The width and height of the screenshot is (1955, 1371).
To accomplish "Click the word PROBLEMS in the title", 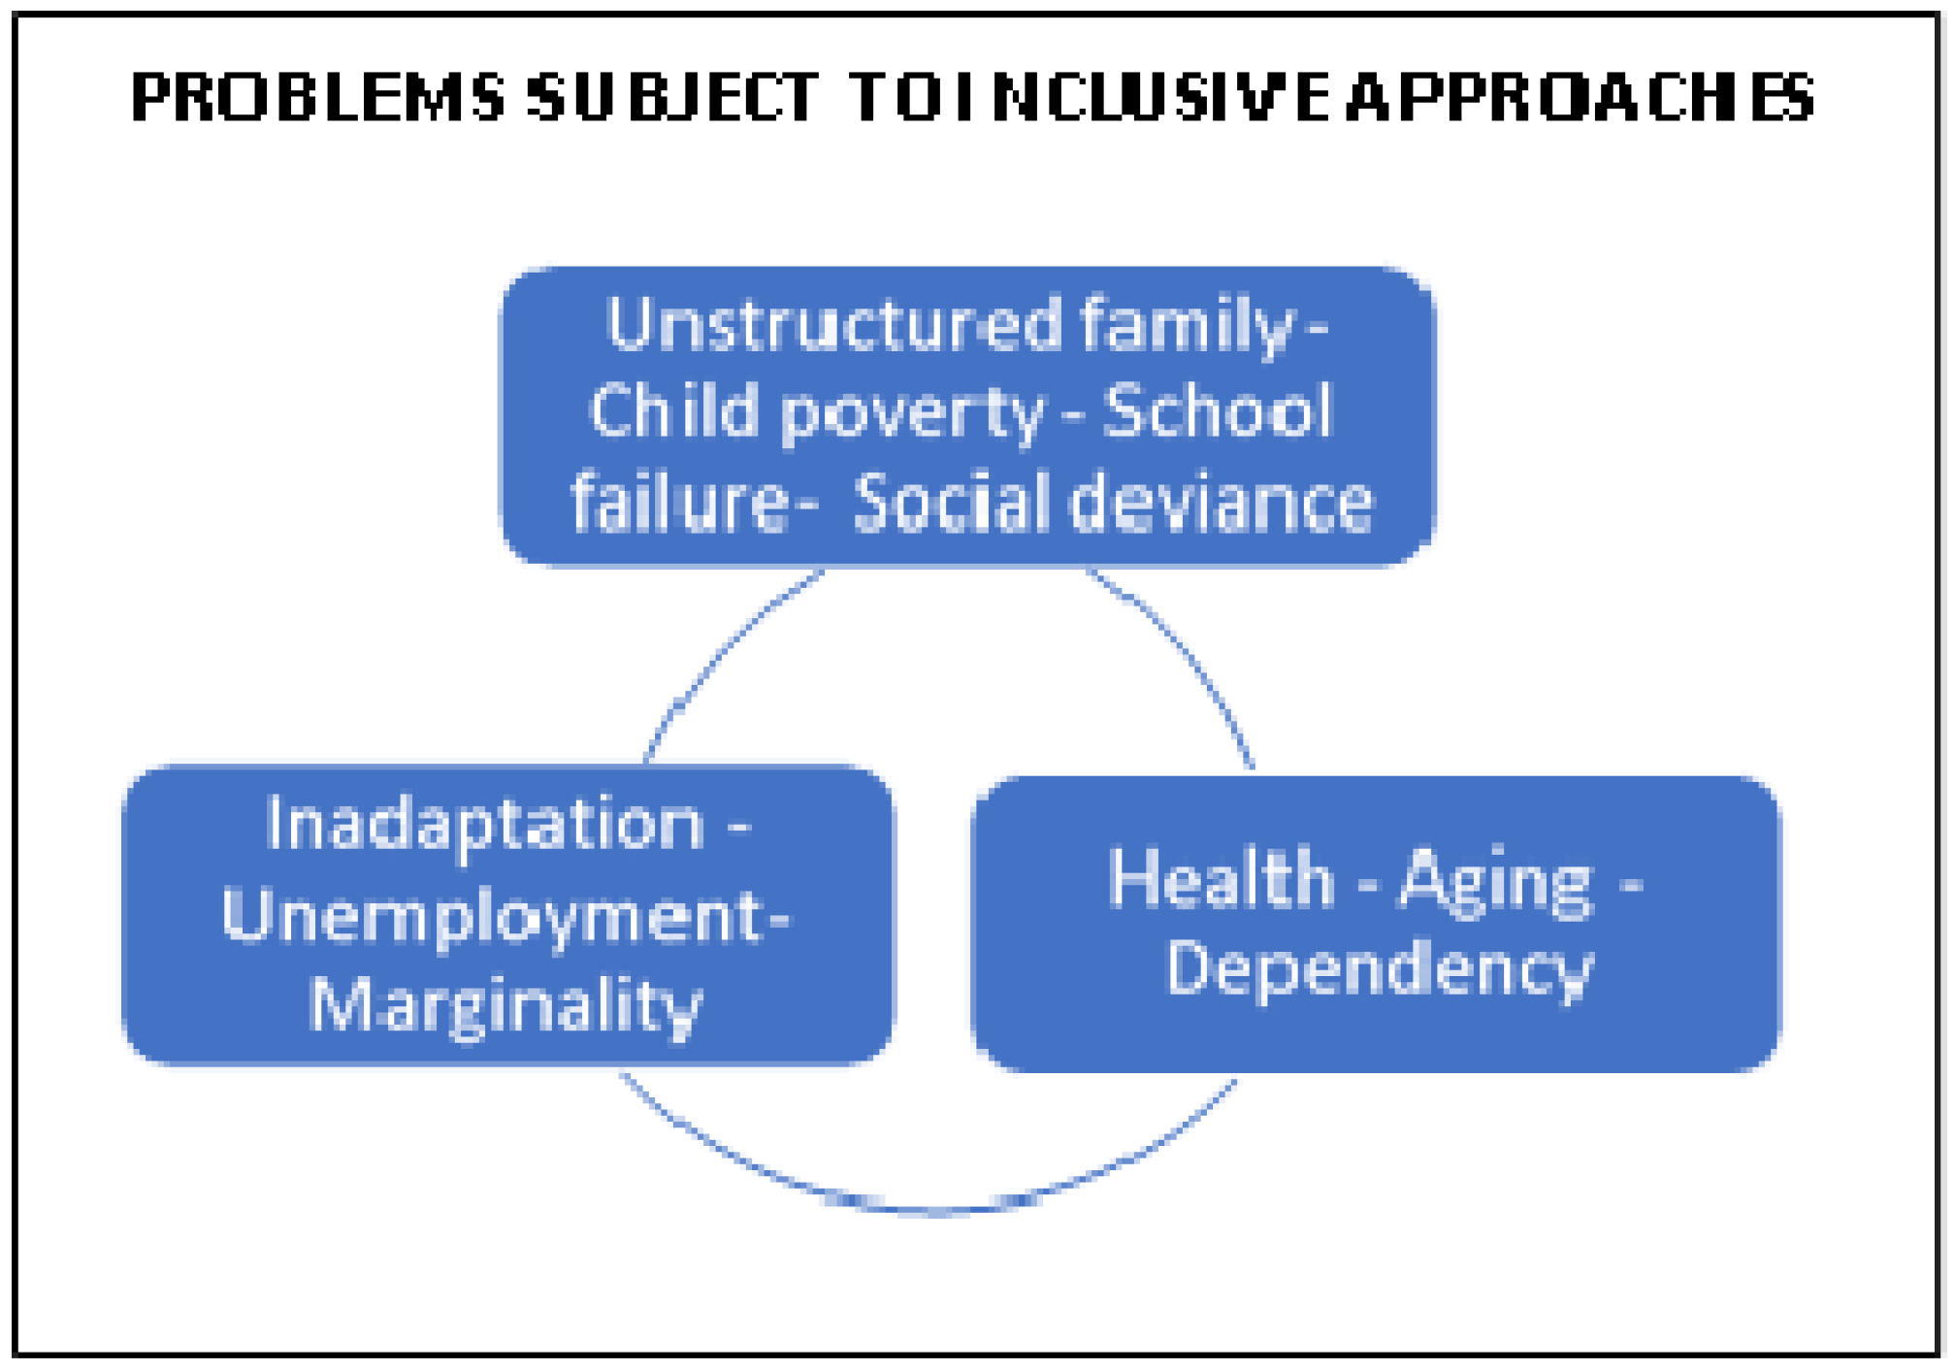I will coord(317,97).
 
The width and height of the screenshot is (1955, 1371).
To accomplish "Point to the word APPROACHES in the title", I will coord(1580,97).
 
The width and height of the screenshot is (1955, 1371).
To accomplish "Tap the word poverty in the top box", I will coord(913,413).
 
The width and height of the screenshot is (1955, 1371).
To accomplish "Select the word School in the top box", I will coord(1218,411).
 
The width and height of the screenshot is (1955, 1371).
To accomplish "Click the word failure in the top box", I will coord(680,502).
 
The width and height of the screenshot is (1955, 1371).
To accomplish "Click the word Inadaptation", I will coord(485,824).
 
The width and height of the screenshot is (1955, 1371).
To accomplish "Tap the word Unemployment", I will coord(493,916).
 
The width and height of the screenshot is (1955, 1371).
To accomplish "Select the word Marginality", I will coord(505,1005).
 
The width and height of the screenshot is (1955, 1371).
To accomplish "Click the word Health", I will coord(1222,878).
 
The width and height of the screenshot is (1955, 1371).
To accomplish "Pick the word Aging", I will coord(1495,881).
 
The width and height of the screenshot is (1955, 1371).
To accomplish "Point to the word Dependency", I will coord(1379,969).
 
